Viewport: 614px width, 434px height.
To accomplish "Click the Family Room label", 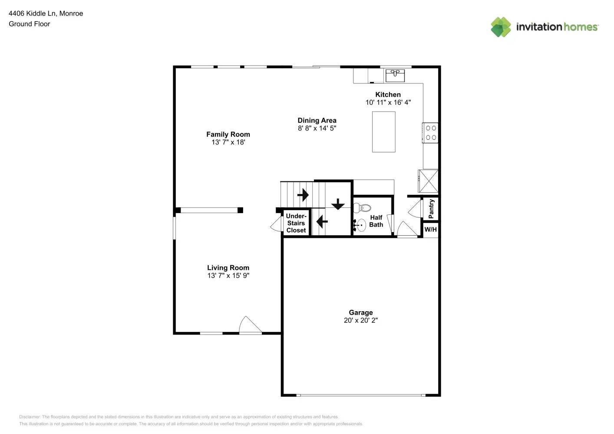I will (228, 135).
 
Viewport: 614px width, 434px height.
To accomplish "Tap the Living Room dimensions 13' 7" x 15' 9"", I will (228, 276).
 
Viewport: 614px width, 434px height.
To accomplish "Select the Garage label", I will (360, 312).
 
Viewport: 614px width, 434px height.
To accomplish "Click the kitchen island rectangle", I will (383, 132).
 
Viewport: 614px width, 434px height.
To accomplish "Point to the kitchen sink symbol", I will (395, 75).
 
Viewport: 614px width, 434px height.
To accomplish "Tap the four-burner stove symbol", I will (431, 133).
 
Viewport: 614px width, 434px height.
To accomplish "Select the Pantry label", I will (431, 209).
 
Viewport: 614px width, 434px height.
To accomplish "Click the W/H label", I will (430, 230).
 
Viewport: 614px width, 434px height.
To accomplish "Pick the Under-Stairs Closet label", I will (296, 223).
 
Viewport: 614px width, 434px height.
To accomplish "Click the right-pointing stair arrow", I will (303, 195).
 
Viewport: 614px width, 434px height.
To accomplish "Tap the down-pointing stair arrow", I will (337, 204).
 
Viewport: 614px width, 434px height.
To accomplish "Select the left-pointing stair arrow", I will (322, 222).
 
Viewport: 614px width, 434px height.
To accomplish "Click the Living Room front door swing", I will (250, 325).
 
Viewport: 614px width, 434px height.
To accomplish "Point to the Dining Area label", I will (317, 121).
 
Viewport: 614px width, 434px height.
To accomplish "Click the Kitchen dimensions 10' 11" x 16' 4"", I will (388, 102).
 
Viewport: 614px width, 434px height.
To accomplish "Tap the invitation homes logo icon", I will (501, 27).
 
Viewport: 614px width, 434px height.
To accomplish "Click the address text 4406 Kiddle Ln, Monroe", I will (46, 13).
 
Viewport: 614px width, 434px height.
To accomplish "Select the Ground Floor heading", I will (29, 24).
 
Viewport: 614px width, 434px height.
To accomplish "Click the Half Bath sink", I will (361, 226).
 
